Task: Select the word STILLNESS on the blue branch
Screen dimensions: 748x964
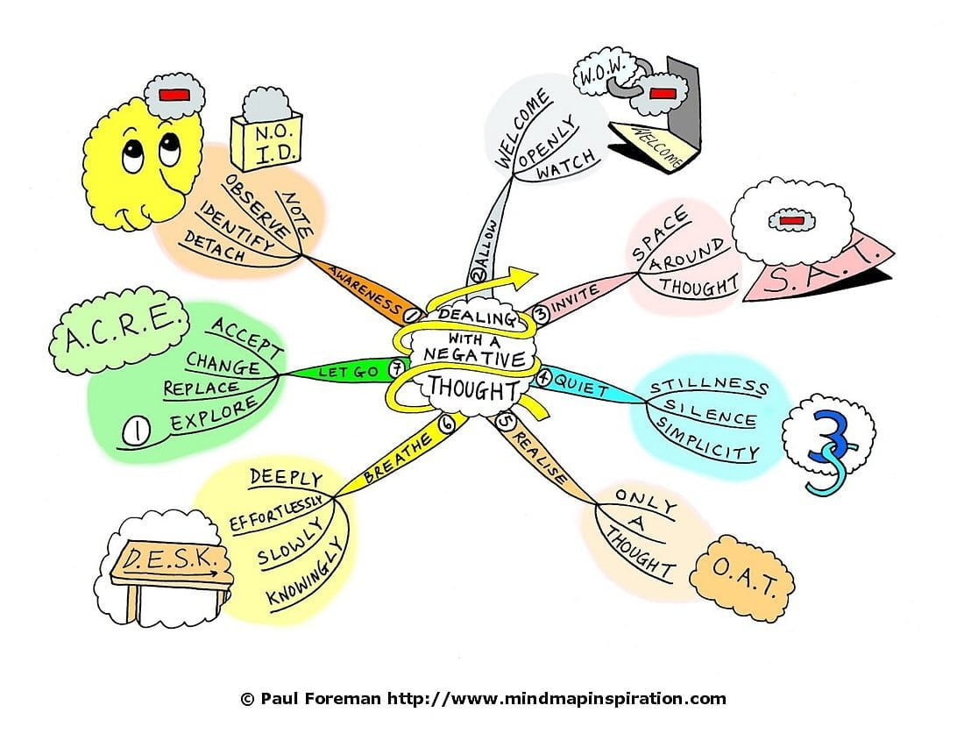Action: point(709,386)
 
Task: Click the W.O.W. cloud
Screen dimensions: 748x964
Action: point(599,76)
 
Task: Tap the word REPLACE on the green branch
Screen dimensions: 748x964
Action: point(200,387)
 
